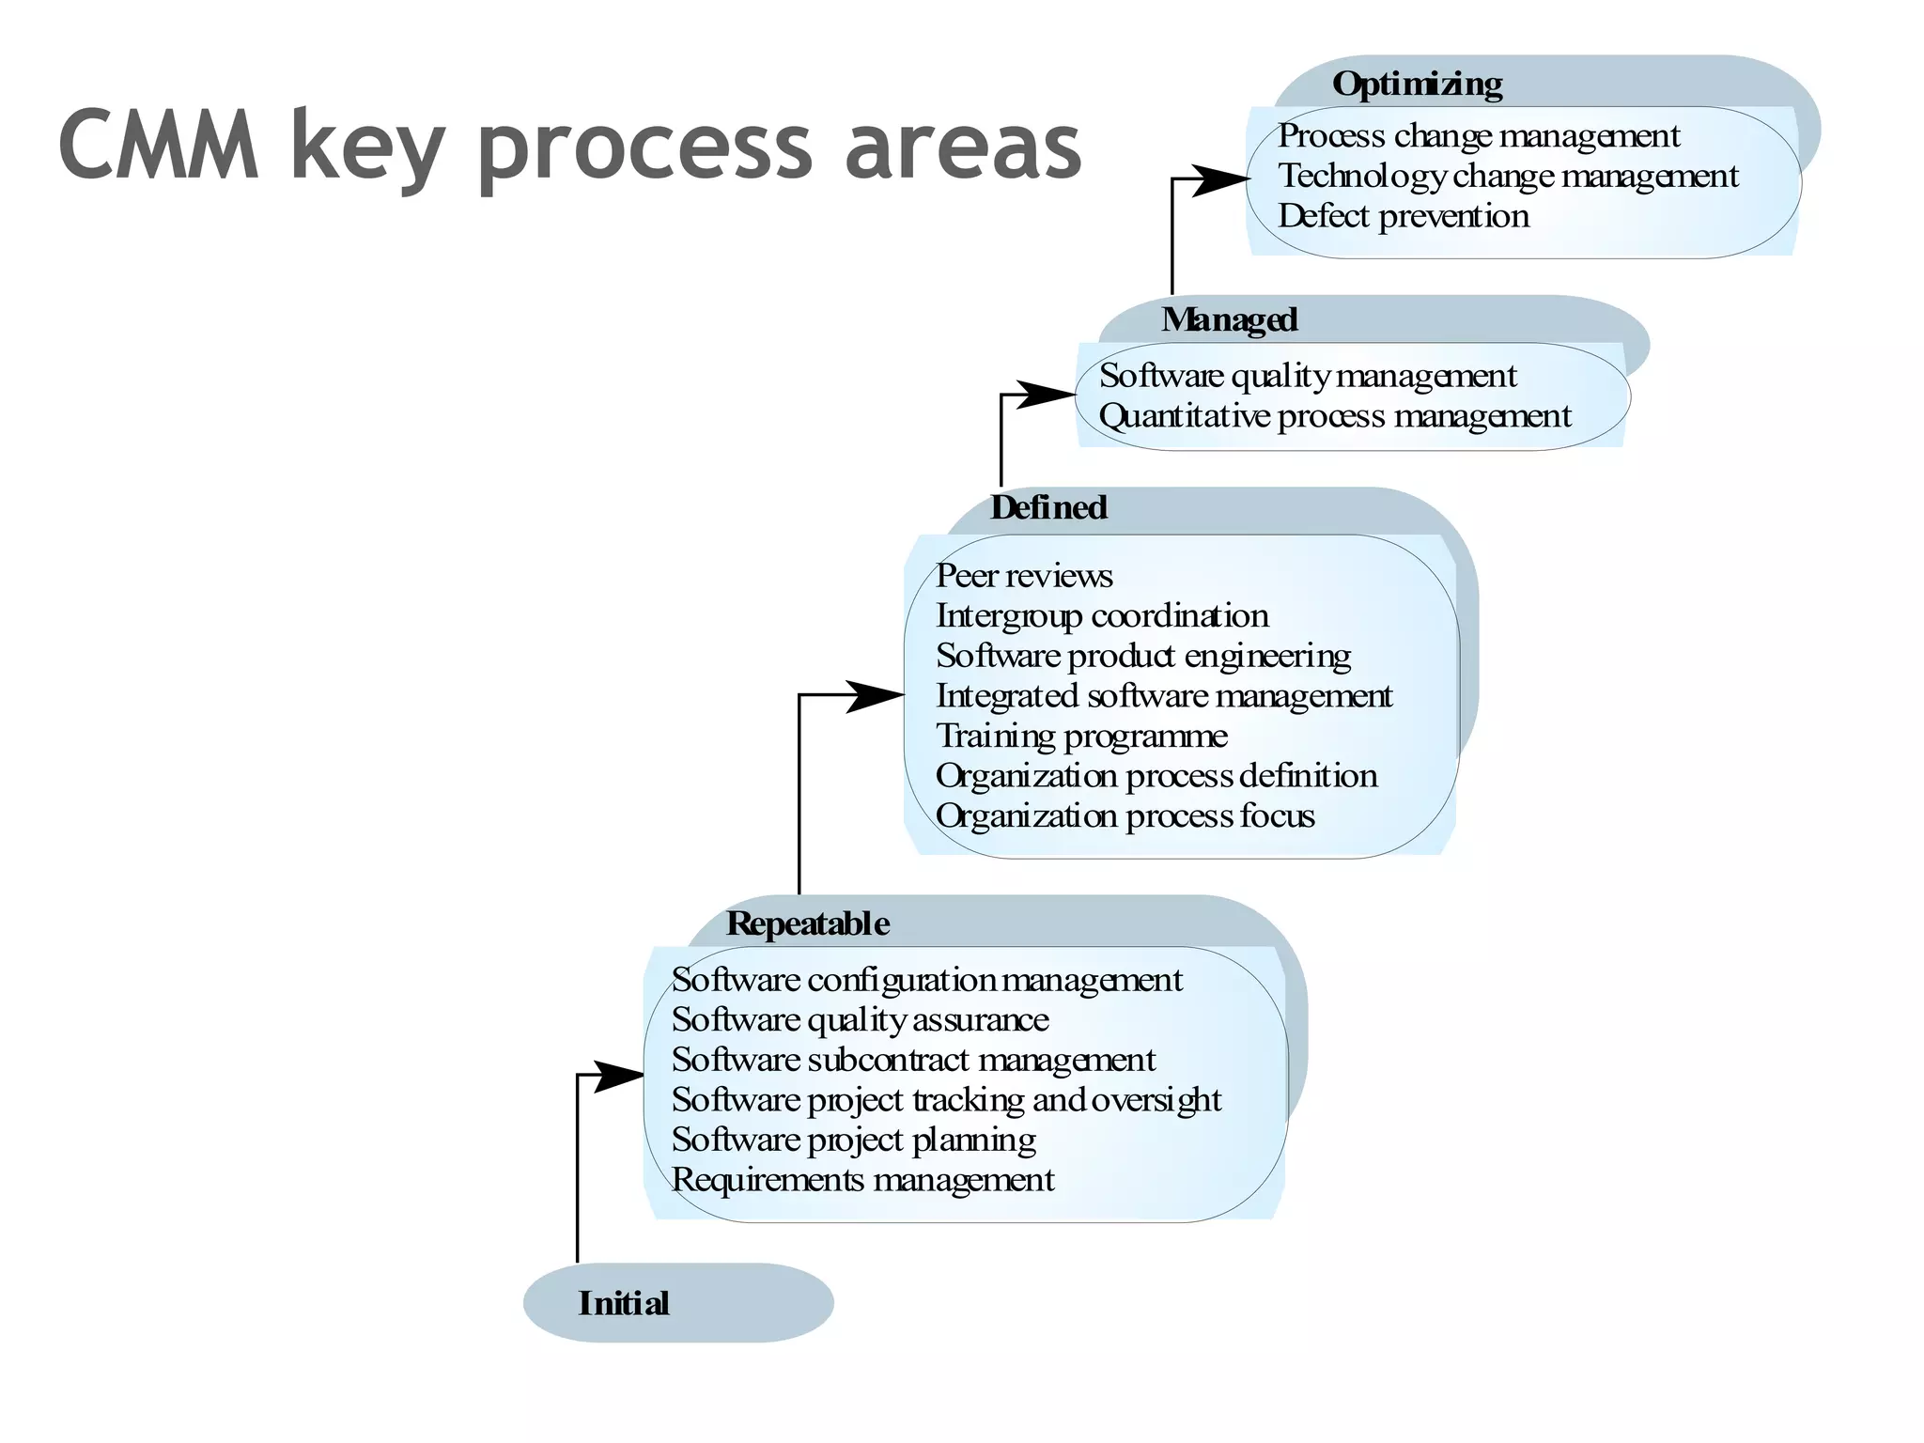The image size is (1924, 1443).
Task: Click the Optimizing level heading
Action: (1417, 85)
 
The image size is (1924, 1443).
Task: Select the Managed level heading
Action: (1229, 320)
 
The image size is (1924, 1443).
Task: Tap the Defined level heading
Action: (1048, 508)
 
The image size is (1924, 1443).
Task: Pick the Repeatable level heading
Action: (807, 924)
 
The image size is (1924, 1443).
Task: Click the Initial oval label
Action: (624, 1304)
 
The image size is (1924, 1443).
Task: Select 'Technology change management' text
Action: (1508, 177)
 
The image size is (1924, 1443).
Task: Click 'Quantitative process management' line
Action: (1334, 416)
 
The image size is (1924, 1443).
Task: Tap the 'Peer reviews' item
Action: (1024, 576)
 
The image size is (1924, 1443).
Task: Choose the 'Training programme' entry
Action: (1081, 737)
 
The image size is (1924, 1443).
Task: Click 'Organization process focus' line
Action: (1125, 816)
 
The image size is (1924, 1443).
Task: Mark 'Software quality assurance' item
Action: (860, 1020)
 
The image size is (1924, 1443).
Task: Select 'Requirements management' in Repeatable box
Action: (862, 1180)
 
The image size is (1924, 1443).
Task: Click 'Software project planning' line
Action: (853, 1140)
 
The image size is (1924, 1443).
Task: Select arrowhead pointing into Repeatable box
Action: (617, 1076)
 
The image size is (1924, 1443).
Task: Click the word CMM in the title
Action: (158, 146)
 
